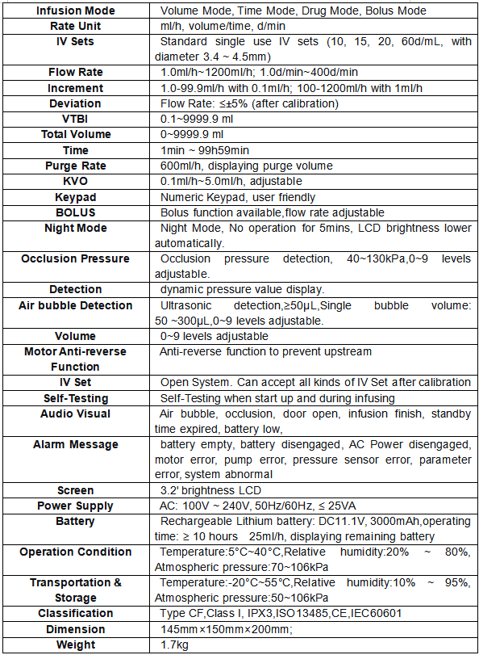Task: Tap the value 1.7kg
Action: [x=176, y=645]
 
